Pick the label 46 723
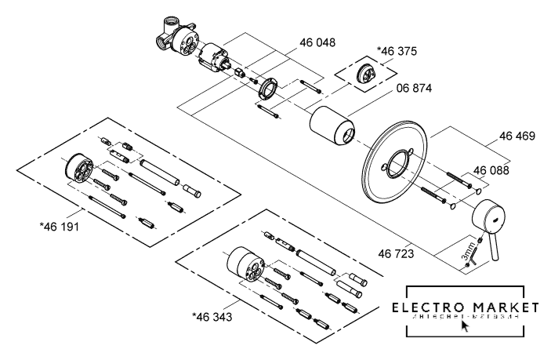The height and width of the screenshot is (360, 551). click(396, 255)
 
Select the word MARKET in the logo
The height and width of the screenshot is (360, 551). click(506, 307)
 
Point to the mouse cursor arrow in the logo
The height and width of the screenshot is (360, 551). click(466, 325)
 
